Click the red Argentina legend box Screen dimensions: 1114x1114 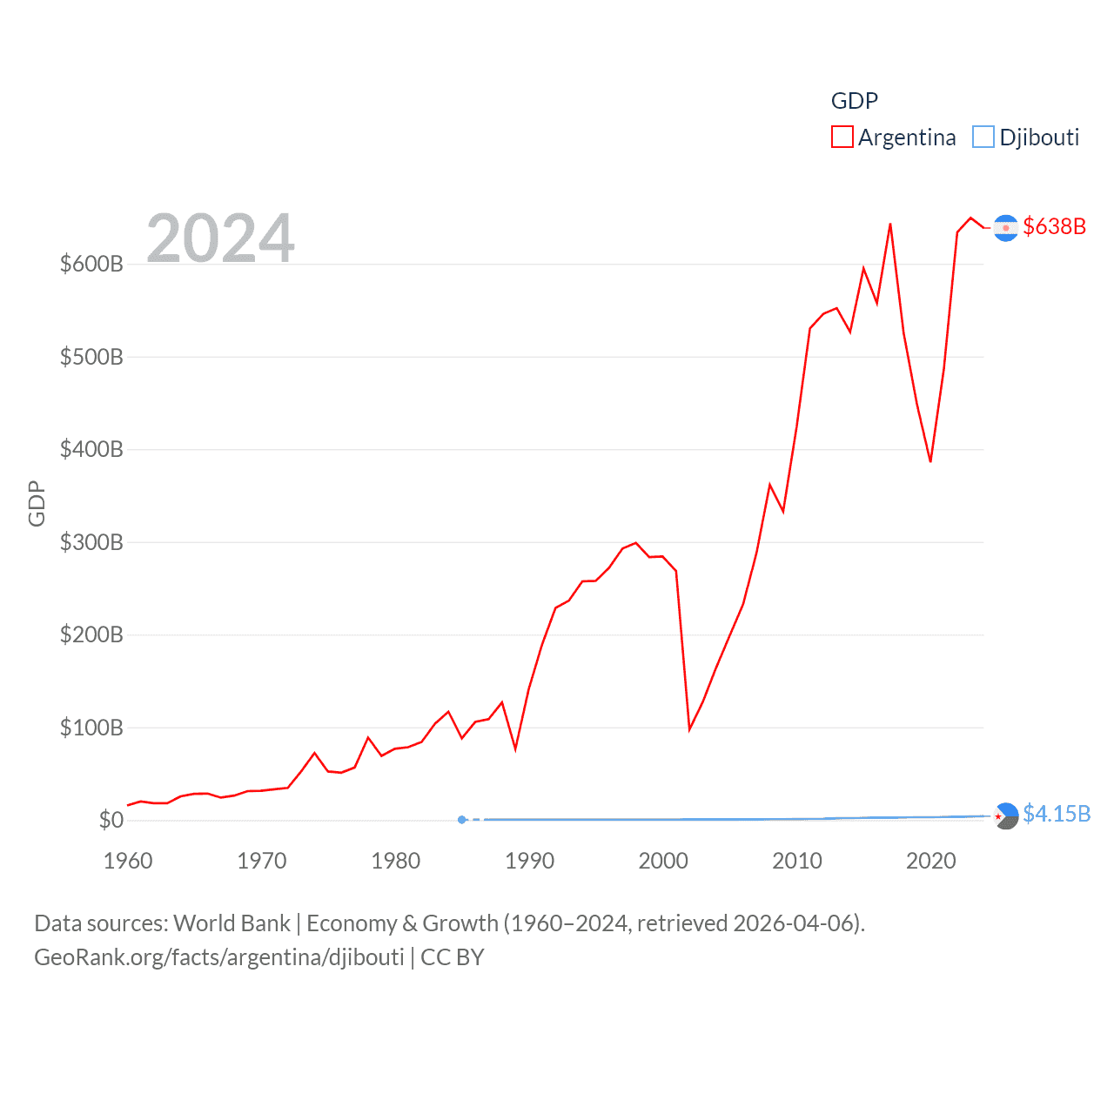(842, 138)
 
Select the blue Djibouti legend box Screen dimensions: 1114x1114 (983, 138)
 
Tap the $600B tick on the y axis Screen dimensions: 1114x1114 (91, 264)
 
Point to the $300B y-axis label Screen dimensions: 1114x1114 (91, 542)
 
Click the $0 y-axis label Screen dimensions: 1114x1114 (111, 820)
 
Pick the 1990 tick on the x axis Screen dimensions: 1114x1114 (529, 861)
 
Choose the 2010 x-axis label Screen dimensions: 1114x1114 (797, 861)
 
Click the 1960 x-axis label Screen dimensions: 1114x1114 (128, 861)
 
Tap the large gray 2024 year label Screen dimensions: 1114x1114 (220, 238)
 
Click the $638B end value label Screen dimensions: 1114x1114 (1055, 226)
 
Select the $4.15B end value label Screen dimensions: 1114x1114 (1057, 814)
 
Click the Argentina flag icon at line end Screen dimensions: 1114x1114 (1005, 228)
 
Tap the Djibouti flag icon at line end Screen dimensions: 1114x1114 (1005, 815)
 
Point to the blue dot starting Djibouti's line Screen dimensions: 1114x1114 (462, 820)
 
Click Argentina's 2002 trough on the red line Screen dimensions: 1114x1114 (689, 728)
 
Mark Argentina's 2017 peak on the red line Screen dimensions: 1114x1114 (890, 225)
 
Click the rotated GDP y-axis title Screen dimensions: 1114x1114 (37, 503)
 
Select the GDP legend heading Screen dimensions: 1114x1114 (855, 101)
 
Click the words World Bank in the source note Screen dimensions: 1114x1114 (232, 923)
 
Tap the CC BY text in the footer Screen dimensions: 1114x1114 (452, 957)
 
